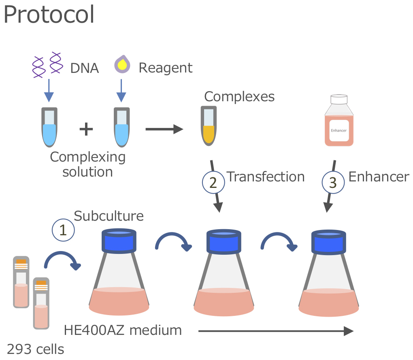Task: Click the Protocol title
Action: [49, 15]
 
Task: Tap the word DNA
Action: [84, 68]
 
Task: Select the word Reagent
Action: [165, 68]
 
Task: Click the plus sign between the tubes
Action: [86, 130]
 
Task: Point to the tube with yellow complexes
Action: [209, 126]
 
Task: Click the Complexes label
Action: [239, 97]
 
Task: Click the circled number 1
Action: [63, 230]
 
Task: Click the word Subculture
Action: [109, 216]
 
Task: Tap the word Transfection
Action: [265, 177]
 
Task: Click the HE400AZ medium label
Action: [123, 330]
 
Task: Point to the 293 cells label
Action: [36, 349]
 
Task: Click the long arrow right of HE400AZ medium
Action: [275, 331]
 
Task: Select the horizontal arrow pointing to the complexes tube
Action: [164, 130]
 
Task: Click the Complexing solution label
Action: [87, 164]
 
